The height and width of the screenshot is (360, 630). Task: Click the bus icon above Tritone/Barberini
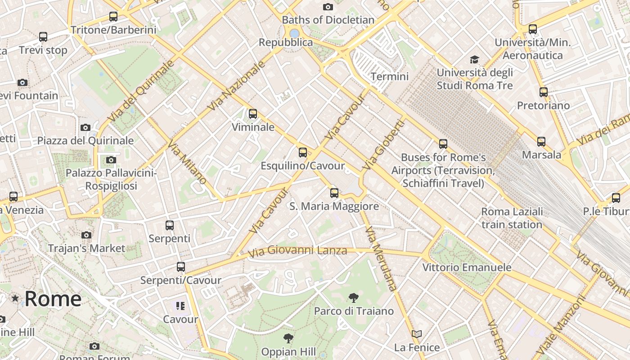113,17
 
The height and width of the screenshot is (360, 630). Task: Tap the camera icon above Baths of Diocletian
328,7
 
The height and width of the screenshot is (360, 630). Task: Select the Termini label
390,76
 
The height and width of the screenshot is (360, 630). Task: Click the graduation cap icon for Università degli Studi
474,59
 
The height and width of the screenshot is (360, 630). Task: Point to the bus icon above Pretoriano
544,92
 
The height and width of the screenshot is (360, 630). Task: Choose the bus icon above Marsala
541,142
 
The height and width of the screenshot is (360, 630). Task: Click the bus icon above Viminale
253,114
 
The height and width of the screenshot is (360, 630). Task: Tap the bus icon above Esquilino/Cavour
303,153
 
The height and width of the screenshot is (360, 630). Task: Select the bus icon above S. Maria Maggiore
334,193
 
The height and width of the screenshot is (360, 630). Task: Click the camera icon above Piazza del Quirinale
85,128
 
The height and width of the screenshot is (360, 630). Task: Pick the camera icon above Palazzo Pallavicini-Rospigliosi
111,160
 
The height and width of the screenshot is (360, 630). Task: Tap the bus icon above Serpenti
170,225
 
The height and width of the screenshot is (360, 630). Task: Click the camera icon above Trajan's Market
86,235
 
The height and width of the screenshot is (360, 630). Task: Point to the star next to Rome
15,298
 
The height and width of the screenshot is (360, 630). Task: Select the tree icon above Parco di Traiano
354,297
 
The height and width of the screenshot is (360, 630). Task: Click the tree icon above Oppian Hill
288,338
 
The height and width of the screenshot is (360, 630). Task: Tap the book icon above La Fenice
417,334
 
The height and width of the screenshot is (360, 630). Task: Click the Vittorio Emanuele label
467,267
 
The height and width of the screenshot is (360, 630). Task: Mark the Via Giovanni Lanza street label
297,250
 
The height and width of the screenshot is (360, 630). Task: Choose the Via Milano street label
187,163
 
